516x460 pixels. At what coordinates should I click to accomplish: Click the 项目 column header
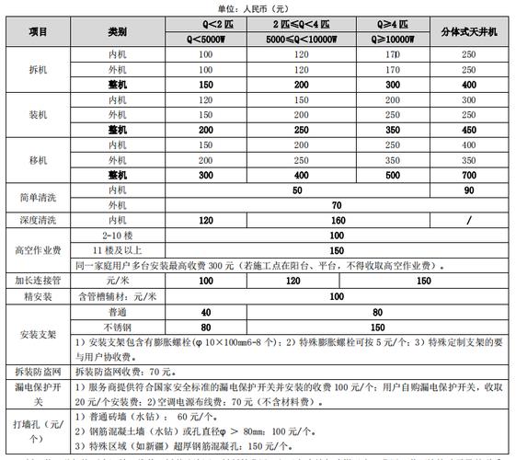(x=39, y=32)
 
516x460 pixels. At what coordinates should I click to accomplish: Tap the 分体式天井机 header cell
(x=468, y=32)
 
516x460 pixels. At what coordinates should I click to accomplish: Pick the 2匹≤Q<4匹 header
(x=302, y=25)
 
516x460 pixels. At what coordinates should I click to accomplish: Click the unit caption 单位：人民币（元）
(x=258, y=7)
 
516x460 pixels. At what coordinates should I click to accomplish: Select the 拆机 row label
(x=39, y=69)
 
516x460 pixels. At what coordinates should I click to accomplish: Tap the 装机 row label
(x=39, y=115)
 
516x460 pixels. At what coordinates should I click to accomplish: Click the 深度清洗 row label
(x=39, y=220)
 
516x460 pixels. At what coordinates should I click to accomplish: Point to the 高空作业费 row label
(x=39, y=249)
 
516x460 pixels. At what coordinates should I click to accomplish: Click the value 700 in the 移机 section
(x=468, y=175)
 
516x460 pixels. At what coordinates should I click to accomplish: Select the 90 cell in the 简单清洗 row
(x=468, y=190)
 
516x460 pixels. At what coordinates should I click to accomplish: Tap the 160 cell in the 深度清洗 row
(x=302, y=220)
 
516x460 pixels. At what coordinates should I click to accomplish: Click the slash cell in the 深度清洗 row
(x=468, y=220)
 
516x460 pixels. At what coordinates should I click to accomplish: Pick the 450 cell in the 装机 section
(x=468, y=130)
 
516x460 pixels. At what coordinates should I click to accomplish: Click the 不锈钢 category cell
(x=118, y=326)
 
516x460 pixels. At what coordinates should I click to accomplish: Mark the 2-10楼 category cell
(x=118, y=236)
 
